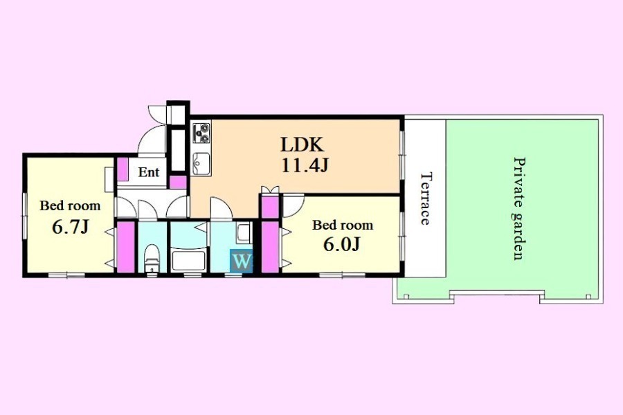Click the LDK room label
tap(303, 145)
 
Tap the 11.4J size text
tap(305, 165)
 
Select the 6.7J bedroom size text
tap(71, 226)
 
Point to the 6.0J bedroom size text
tap(342, 244)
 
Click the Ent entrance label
tap(149, 172)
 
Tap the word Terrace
tap(426, 199)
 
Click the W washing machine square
tap(241, 261)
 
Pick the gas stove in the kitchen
tap(201, 133)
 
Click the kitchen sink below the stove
tap(201, 164)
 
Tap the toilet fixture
tap(152, 257)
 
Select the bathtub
tap(188, 261)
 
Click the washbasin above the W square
tap(244, 232)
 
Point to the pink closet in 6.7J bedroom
tap(125, 248)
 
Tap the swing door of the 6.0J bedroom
tap(293, 205)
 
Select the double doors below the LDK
tap(269, 190)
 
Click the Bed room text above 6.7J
tap(70, 205)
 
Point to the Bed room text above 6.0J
tap(343, 225)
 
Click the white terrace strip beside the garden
tap(425, 198)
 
